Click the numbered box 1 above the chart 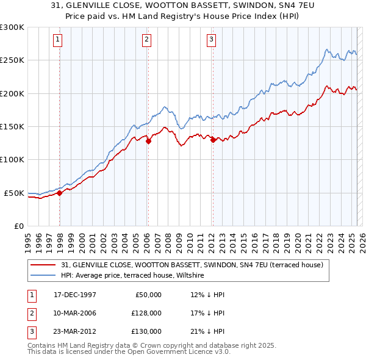point(58,40)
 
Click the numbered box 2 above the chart point(147,40)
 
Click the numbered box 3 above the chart point(211,40)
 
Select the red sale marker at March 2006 point(148,141)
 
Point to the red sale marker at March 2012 point(213,140)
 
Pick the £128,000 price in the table point(146,313)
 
